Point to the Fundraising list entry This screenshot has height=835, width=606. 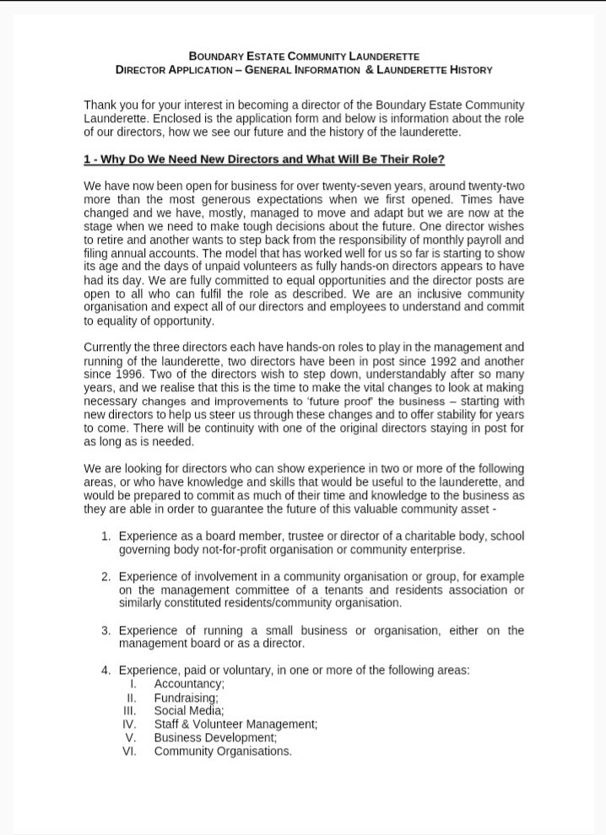tap(186, 698)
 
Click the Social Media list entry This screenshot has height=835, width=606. tap(189, 711)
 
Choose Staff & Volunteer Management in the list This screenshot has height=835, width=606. tap(235, 725)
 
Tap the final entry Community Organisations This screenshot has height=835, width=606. tap(223, 751)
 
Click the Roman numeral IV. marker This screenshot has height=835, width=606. tap(129, 725)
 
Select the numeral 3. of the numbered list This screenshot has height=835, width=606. tap(106, 630)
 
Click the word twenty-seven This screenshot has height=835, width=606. tap(346, 184)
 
